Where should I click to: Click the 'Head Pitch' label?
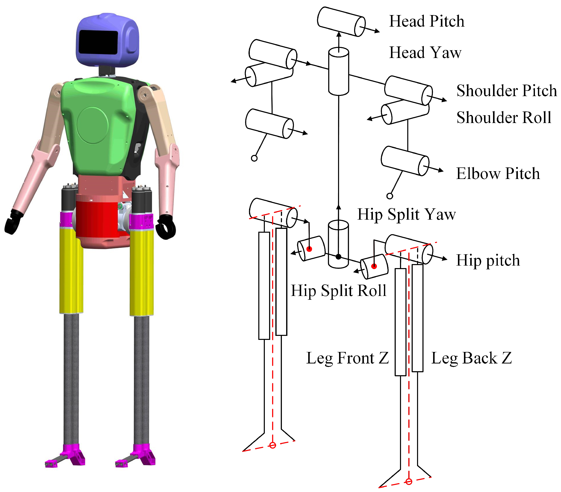click(427, 21)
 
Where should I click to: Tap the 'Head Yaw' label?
click(425, 52)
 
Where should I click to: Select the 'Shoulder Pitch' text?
click(506, 90)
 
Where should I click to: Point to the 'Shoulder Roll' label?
click(504, 117)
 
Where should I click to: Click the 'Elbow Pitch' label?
click(498, 173)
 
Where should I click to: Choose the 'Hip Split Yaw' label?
click(406, 214)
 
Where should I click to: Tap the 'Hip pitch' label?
click(488, 260)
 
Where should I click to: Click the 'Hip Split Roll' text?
click(338, 290)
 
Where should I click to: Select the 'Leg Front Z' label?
click(347, 358)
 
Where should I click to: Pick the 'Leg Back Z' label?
click(471, 358)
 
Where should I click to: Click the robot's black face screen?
click(98, 42)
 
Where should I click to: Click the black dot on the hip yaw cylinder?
click(339, 257)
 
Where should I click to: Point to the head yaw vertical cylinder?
click(339, 71)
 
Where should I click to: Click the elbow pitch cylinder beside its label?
click(405, 161)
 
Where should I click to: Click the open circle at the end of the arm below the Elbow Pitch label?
click(389, 196)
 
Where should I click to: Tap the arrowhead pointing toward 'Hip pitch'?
click(445, 259)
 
